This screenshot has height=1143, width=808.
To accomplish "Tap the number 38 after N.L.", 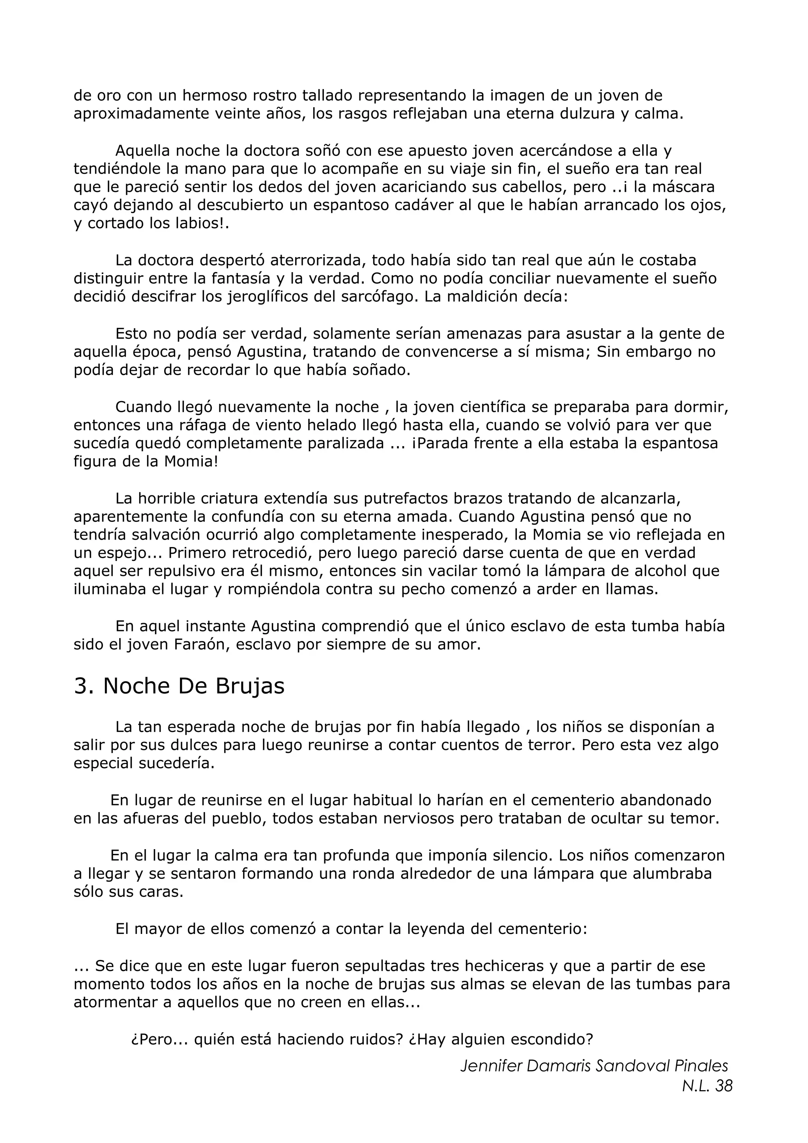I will tap(723, 1086).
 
